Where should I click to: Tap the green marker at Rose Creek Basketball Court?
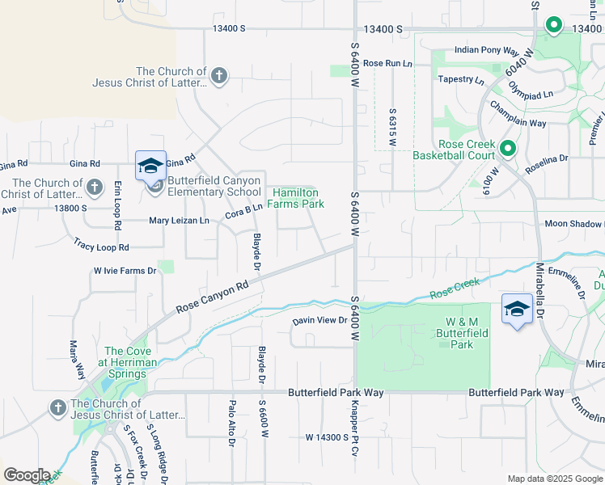(x=508, y=149)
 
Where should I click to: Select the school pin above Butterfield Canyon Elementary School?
(x=150, y=166)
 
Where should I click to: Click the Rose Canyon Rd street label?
(x=212, y=297)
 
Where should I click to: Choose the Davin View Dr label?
(x=319, y=321)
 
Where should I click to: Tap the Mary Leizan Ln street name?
(x=179, y=221)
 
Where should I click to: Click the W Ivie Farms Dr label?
(x=124, y=271)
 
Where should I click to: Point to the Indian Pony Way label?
(x=486, y=50)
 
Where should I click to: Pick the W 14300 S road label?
(x=327, y=436)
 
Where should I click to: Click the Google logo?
(x=27, y=475)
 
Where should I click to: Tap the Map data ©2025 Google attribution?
(x=555, y=479)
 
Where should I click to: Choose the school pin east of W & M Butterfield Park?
(x=517, y=309)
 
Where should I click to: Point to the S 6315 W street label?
(x=391, y=127)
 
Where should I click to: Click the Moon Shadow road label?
(x=573, y=224)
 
